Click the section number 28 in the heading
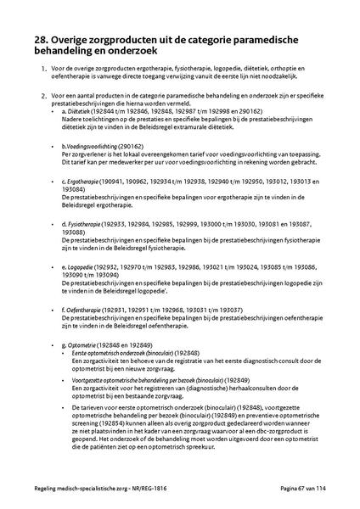34,39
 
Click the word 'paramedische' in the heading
267,39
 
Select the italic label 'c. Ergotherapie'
82,182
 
